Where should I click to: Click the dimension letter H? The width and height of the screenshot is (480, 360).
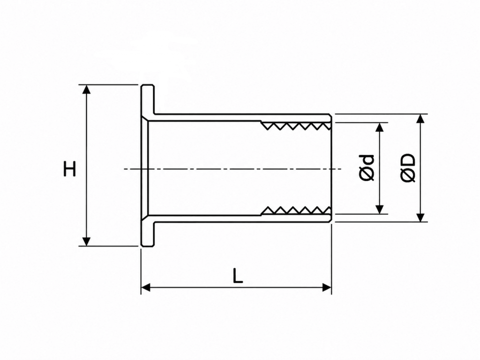tap(69, 168)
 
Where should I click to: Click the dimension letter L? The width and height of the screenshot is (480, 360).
tap(238, 275)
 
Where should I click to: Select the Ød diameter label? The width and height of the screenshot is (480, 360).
tap(367, 168)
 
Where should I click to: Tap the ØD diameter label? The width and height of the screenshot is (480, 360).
tap(408, 168)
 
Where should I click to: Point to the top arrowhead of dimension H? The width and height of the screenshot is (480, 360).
tap(87, 89)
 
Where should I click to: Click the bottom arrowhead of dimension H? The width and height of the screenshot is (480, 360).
tap(87, 241)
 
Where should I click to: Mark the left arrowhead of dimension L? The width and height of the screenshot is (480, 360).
tap(146, 287)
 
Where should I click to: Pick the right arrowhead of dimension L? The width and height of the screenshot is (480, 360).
tap(327, 287)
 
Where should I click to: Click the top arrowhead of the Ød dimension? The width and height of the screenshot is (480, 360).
tap(379, 127)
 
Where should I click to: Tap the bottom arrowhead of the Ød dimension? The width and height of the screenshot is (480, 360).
tap(379, 210)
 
